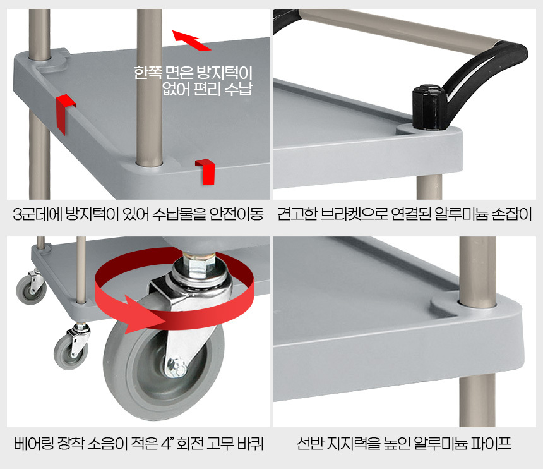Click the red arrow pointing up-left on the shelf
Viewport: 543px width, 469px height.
tap(191, 40)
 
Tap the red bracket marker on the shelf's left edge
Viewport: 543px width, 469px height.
tap(64, 113)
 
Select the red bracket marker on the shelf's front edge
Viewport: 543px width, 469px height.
tap(206, 171)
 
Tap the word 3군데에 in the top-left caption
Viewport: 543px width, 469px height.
tap(37, 214)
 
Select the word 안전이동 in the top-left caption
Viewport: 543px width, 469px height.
tap(237, 214)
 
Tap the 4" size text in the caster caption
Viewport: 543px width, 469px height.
tap(167, 443)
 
